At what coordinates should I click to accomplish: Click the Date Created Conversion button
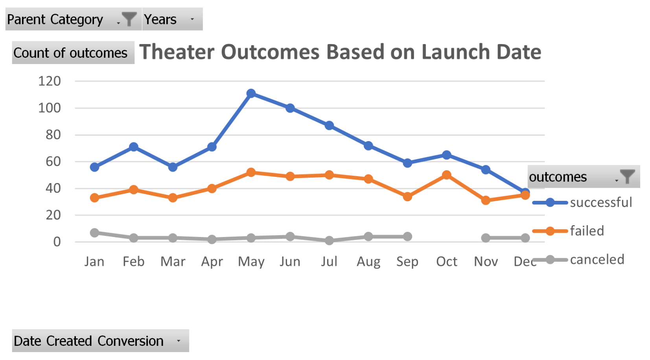tap(100, 341)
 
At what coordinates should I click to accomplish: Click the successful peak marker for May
tap(251, 94)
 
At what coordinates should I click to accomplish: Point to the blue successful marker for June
tap(290, 108)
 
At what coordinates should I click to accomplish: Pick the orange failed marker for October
tap(446, 175)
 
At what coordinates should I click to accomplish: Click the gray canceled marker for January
tap(94, 233)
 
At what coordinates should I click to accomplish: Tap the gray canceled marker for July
tap(329, 240)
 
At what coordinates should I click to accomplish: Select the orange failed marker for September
tap(407, 196)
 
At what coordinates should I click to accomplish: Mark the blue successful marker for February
tap(134, 147)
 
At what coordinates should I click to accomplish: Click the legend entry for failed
tap(587, 231)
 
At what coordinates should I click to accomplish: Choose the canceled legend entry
tap(597, 259)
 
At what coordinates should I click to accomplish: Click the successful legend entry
tap(600, 202)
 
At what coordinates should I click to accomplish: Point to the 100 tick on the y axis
tap(50, 108)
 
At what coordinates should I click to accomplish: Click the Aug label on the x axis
tap(368, 262)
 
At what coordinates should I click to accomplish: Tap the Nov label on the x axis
tap(486, 262)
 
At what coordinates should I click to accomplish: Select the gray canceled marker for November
tap(486, 238)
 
